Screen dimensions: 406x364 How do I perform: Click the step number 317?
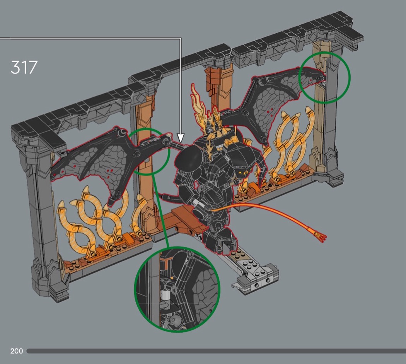(x=24, y=67)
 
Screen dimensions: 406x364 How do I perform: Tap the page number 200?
(x=17, y=351)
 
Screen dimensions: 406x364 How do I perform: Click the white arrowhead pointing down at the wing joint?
(x=181, y=138)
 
